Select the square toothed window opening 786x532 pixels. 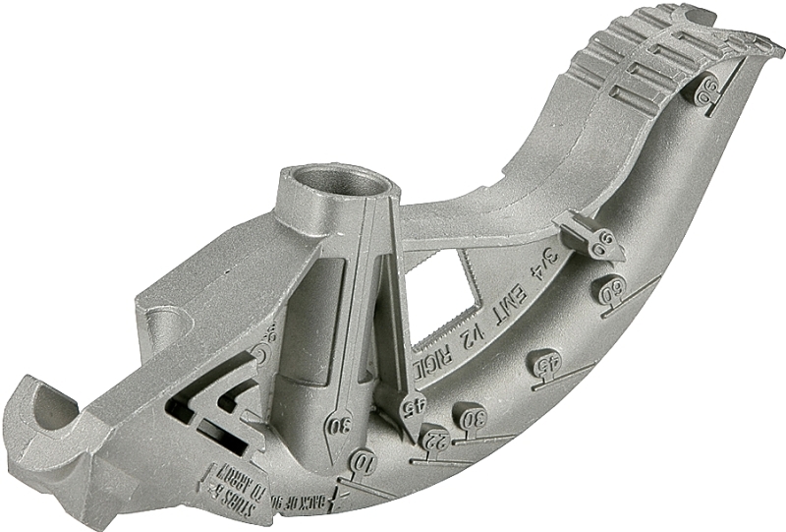tap(447, 285)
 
